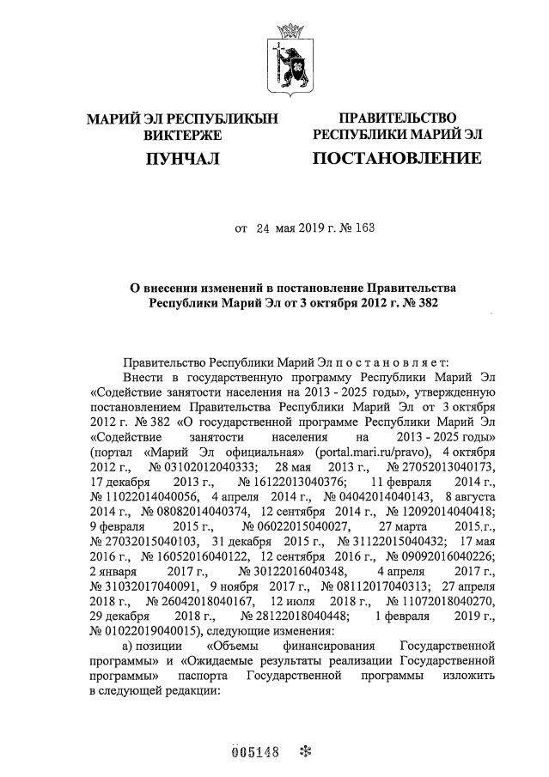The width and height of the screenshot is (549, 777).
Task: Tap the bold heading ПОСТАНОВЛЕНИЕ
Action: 396,158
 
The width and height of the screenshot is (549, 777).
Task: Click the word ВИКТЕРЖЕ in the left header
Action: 182,135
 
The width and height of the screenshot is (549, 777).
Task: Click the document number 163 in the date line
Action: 365,228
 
